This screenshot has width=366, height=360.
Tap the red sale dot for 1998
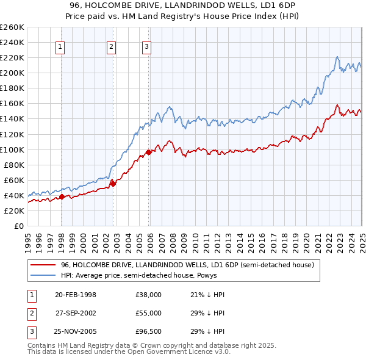[x=62, y=196]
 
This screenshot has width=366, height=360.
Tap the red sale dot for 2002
[x=113, y=182]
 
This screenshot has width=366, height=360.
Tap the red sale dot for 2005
[x=148, y=152]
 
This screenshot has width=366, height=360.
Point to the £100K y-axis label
[x=12, y=149]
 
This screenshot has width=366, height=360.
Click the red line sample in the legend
[x=43, y=265]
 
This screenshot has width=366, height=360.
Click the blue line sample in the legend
[x=43, y=275]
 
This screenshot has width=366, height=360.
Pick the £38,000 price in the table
[x=148, y=295]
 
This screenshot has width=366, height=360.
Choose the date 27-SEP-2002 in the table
[x=76, y=313]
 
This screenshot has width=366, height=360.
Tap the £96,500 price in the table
[x=148, y=331]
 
